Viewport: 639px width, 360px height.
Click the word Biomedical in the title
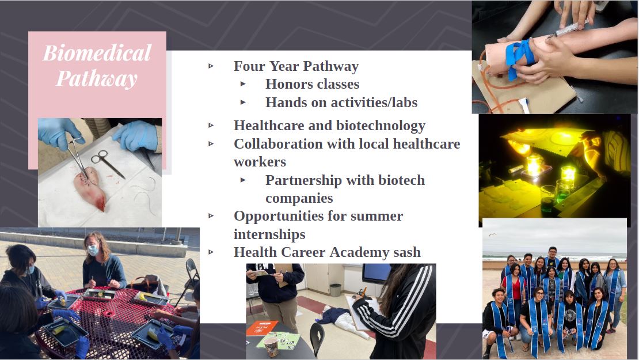coord(97,54)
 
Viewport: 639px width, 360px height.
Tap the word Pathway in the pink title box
coord(97,79)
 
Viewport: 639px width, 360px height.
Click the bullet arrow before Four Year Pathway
coord(211,66)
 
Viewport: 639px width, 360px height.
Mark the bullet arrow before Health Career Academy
coord(211,252)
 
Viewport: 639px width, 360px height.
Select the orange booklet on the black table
coord(261,328)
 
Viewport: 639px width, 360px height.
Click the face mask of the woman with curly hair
coord(93,250)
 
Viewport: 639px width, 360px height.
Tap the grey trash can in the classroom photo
coord(335,290)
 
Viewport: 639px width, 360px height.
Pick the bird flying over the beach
coord(493,234)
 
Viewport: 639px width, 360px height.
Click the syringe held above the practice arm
coord(568,29)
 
